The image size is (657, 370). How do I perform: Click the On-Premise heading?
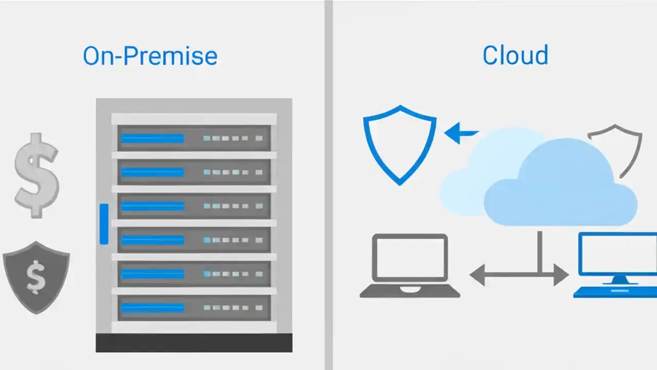tap(150, 56)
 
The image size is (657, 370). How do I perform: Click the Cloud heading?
tap(515, 55)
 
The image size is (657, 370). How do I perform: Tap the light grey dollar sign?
tap(36, 175)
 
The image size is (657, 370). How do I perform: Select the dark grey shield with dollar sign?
tap(36, 277)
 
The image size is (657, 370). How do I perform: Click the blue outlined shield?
tap(399, 144)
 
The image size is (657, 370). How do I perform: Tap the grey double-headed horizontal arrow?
tap(518, 275)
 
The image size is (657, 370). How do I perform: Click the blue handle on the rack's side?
tap(104, 224)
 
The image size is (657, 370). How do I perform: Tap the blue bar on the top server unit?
tap(152, 138)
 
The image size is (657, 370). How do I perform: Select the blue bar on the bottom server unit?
tap(152, 308)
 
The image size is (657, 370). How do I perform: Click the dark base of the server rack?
tap(194, 342)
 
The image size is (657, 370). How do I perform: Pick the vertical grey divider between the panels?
tap(328, 185)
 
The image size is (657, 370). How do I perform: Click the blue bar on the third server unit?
tap(152, 206)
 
